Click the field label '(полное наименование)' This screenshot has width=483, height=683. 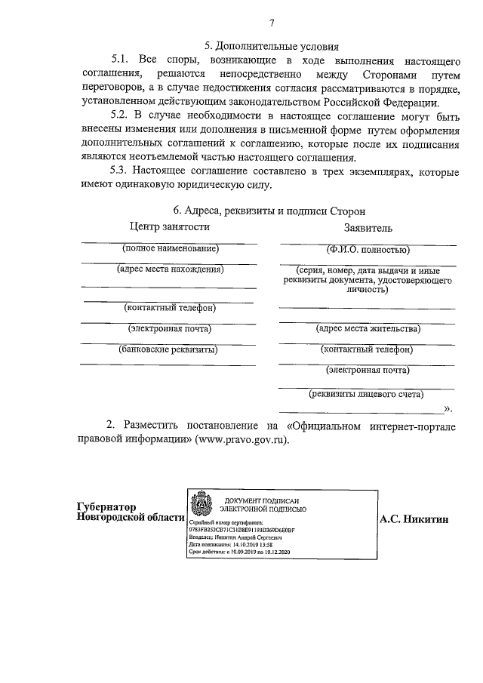tap(170, 248)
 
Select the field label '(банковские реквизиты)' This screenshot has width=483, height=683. tap(169, 349)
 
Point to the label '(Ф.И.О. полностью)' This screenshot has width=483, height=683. tap(368, 249)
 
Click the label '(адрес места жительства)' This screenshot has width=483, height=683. tap(368, 329)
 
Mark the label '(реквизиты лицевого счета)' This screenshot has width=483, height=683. tap(366, 393)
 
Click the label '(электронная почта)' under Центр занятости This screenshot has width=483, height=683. tap(169, 328)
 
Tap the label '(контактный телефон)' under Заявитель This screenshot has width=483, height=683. tap(368, 349)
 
